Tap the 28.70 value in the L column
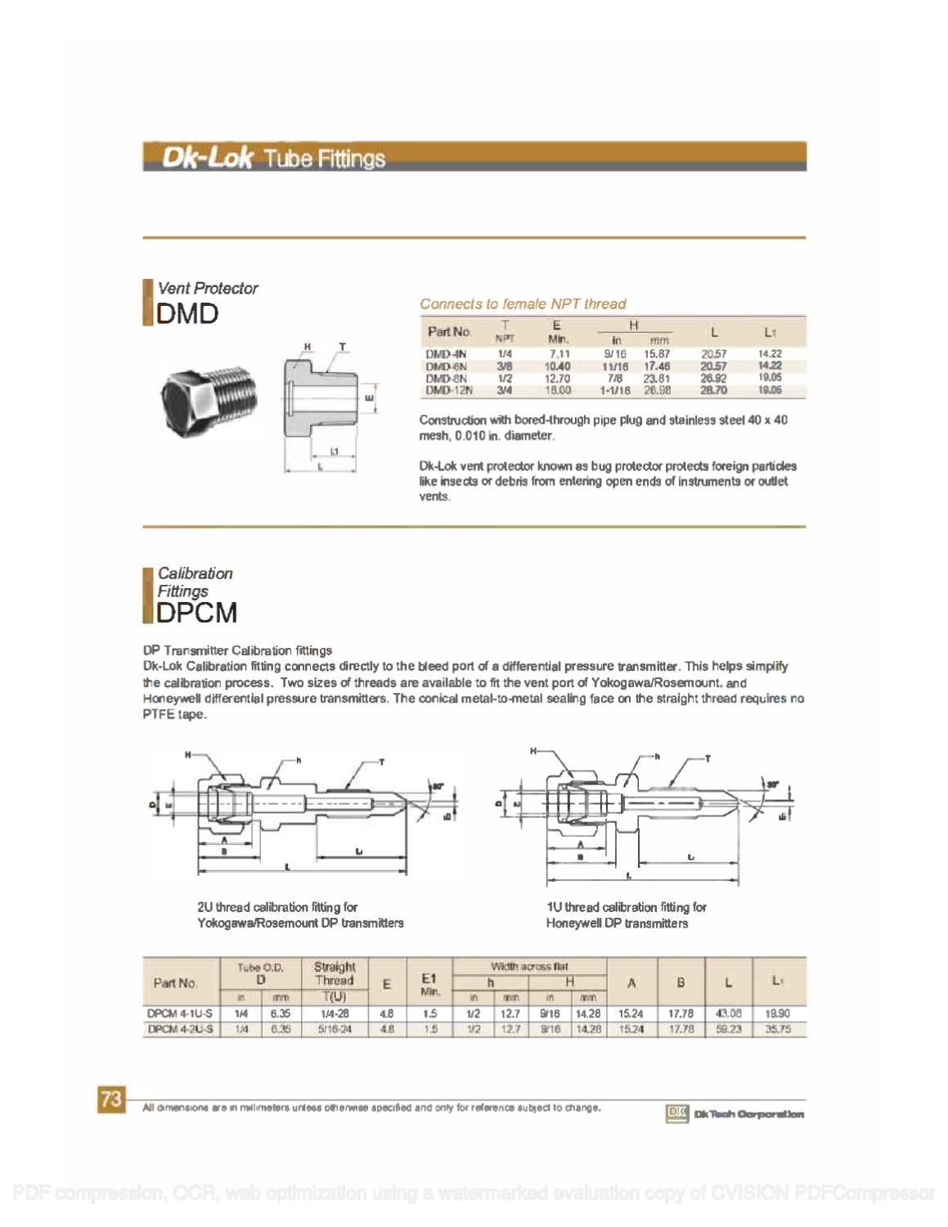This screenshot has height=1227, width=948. pos(713,391)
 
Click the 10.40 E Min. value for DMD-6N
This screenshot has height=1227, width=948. pos(557,366)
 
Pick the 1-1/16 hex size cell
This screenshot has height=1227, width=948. pos(613,391)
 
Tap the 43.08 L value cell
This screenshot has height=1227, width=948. pos(728,1014)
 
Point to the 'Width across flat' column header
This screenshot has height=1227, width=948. pos(529,966)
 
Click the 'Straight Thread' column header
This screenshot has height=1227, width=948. pos(335,973)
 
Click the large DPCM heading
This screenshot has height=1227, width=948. pos(196,612)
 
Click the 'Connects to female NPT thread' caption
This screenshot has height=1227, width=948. pos(523,303)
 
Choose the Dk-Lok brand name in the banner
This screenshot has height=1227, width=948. pos(206,157)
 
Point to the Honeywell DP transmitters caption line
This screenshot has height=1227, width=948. pos(617,924)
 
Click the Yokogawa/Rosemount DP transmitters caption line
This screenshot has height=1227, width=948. pos(300,924)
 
